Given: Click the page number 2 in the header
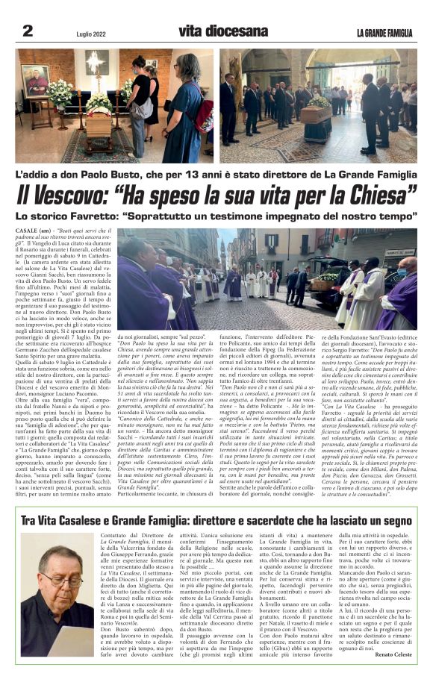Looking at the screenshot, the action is tap(28, 31).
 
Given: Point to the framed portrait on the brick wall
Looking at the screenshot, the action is tap(37, 81).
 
